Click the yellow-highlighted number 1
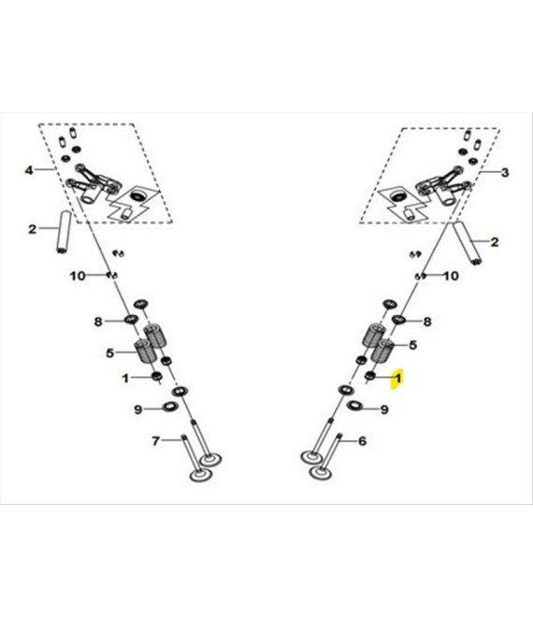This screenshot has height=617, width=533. tap(398, 379)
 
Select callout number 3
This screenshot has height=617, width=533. tap(505, 172)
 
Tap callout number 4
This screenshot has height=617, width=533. tap(29, 170)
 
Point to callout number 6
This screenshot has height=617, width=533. tap(362, 440)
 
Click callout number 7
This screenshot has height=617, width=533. tap(156, 440)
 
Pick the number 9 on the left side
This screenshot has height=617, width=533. tap(137, 409)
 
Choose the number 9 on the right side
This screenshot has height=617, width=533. tap(384, 409)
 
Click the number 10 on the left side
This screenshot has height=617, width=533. tap(78, 276)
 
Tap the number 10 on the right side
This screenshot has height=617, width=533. tap(451, 276)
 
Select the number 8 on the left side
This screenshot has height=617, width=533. tap(98, 322)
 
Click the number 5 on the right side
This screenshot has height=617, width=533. tap(412, 345)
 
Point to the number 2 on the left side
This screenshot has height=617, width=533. tap(33, 229)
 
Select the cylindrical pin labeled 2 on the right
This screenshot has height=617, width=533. tap(468, 243)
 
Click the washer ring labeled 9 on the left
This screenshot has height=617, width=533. tap(170, 407)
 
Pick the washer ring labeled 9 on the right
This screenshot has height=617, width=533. tap(353, 405)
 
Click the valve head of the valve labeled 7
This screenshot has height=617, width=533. tap(201, 475)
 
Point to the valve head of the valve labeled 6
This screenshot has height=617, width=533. tap(320, 472)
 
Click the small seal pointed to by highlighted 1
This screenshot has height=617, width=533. tap(370, 376)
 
